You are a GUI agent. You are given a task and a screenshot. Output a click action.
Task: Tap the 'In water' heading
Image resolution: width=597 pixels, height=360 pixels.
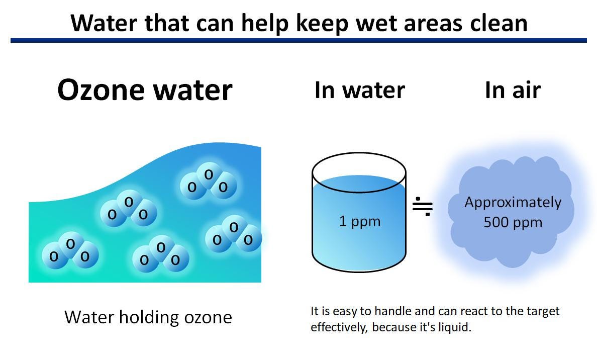pyautogui.click(x=359, y=90)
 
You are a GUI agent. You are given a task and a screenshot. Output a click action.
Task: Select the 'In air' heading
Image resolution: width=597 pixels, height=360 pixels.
pyautogui.click(x=513, y=90)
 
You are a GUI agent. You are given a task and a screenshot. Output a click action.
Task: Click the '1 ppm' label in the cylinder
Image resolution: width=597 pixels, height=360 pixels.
pyautogui.click(x=360, y=221)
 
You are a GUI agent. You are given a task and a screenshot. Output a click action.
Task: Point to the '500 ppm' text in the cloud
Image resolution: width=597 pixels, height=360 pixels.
pyautogui.click(x=513, y=222)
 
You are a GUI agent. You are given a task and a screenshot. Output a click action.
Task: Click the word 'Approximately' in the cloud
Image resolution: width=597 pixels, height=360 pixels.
pyautogui.click(x=513, y=202)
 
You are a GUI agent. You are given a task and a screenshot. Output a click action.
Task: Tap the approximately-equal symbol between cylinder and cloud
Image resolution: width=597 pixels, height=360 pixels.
pyautogui.click(x=423, y=206)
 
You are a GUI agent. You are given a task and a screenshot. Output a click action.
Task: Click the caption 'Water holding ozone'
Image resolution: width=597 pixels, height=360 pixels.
pyautogui.click(x=148, y=317)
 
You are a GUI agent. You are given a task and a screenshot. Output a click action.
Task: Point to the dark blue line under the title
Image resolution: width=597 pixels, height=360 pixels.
pyautogui.click(x=298, y=40)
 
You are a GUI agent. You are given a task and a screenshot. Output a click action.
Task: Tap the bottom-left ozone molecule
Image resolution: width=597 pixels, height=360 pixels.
pyautogui.click(x=70, y=251)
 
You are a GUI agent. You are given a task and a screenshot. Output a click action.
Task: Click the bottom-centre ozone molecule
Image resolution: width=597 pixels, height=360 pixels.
pyautogui.click(x=160, y=254)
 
